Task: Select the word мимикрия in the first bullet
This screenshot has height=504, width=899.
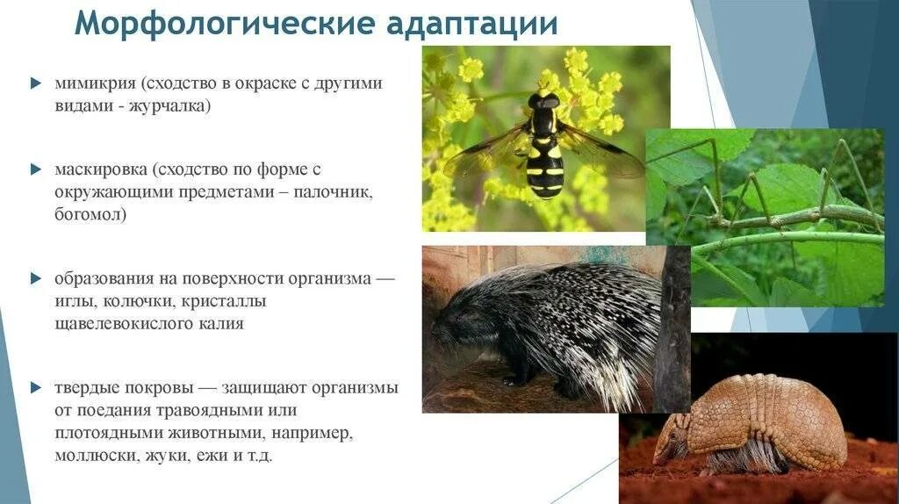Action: (x=91, y=83)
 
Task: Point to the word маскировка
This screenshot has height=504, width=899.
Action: (x=99, y=169)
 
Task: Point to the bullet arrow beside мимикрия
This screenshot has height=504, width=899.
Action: (x=35, y=83)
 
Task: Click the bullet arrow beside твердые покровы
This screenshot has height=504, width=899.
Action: (x=35, y=387)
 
